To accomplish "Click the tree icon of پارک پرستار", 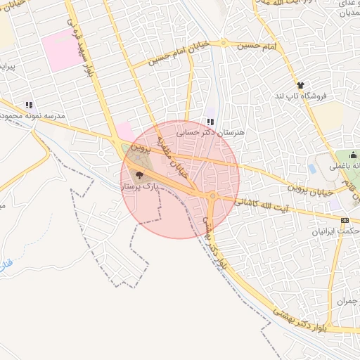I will pos(139,175).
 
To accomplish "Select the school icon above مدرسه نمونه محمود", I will pos(29,105).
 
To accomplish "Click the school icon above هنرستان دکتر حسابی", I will pos(210,121).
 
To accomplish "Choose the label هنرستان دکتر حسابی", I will pos(210,131).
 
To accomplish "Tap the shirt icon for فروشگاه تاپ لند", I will pos(300,84).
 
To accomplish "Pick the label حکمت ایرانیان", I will pos(337,231).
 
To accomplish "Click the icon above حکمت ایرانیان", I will pos(344,220).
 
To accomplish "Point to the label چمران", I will pos(347,301).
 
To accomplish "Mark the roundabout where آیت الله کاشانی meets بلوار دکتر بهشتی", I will pos(212,196).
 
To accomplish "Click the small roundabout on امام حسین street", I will pos(224,43).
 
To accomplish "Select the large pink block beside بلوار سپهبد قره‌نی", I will pos(62,48).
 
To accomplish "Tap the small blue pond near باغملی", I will pos(311,169).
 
